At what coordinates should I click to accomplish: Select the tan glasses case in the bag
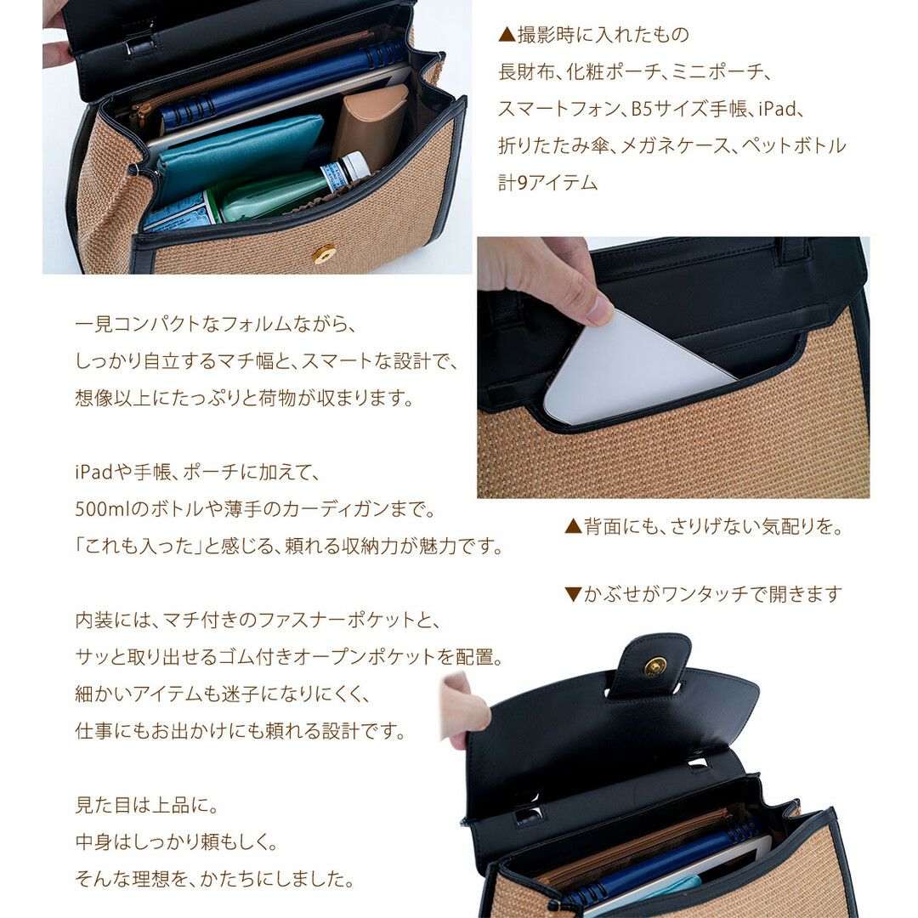pos(370,125)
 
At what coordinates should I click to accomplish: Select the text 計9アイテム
pos(548,183)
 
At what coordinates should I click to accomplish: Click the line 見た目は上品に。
pos(147,805)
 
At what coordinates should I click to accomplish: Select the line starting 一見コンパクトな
pos(215,324)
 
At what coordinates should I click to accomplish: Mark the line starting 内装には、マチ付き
pos(258,620)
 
